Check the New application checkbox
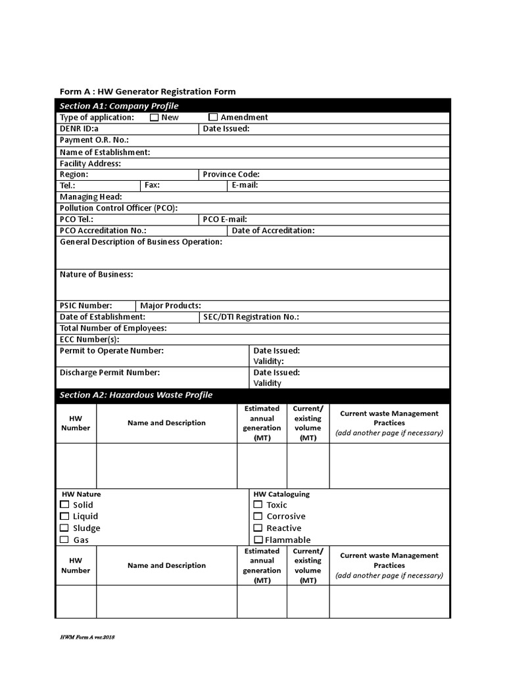[155, 118]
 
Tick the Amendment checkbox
[213, 118]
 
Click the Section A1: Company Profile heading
[119, 106]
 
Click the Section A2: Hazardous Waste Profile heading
[136, 395]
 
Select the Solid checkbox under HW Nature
[64, 505]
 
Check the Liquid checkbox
[64, 517]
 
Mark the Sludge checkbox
[64, 528]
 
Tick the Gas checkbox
[64, 540]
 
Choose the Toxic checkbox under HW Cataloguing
[258, 505]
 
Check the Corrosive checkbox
[258, 517]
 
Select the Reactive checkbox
[258, 528]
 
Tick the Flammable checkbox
[258, 540]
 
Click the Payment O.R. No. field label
[94, 140]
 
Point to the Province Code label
[231, 174]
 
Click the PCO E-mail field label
[225, 220]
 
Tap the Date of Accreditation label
[273, 231]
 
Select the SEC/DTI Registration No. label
[251, 317]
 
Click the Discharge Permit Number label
[110, 373]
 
